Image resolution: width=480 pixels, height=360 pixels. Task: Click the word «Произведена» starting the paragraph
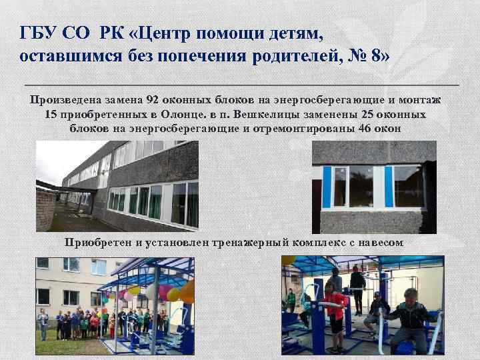[x=65, y=101]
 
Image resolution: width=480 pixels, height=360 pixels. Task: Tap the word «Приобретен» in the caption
[x=98, y=241]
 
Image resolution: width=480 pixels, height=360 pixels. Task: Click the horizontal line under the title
[x=241, y=86]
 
